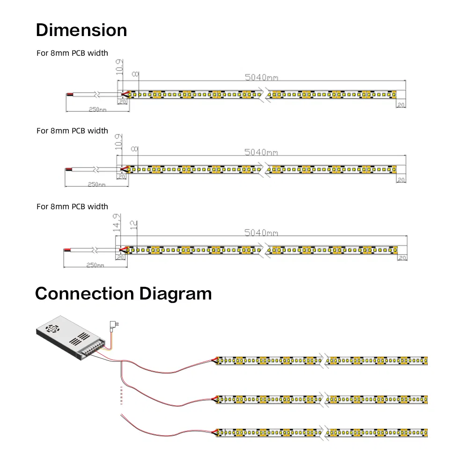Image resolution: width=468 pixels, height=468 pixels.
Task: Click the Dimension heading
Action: (81, 30)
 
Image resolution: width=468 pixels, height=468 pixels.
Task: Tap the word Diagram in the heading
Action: (175, 294)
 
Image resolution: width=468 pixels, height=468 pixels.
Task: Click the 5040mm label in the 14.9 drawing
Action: (262, 233)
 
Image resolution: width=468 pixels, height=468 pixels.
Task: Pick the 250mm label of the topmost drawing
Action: (97, 109)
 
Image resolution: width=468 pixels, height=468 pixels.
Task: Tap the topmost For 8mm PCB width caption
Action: (72, 53)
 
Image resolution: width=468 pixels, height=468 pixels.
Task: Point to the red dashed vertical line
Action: (121, 395)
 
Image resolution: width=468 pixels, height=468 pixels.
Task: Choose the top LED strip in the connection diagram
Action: (322, 361)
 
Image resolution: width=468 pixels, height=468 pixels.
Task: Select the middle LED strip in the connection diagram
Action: (322, 399)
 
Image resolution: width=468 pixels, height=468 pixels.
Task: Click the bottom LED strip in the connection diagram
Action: (322, 432)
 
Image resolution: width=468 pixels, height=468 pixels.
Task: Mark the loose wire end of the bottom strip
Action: (122, 415)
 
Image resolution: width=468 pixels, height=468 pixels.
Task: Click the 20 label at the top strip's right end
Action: (401, 105)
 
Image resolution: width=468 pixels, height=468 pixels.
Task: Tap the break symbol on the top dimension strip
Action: (265, 94)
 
